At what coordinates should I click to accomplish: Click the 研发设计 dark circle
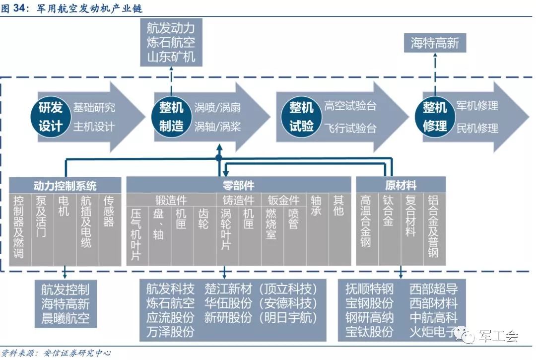[51, 116]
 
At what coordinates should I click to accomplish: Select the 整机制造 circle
[171, 116]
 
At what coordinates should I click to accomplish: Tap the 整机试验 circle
[302, 116]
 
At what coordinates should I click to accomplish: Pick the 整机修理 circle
[435, 116]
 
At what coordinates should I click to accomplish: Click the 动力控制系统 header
[65, 186]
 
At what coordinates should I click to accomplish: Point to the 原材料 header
[401, 186]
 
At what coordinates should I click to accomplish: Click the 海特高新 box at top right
[435, 44]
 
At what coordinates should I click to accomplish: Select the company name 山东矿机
[171, 57]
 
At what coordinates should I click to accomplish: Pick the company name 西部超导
[433, 289]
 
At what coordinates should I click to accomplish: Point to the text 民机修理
[477, 128]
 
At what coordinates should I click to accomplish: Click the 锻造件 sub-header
[171, 200]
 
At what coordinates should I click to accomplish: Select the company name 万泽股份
[170, 331]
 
